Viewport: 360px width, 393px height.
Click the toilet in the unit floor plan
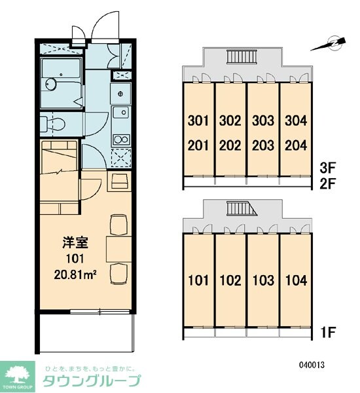point(52,124)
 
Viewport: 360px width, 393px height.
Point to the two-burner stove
point(121,140)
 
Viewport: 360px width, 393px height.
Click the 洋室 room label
point(75,242)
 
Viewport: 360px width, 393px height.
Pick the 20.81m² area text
point(76,275)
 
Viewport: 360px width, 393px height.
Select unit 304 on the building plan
point(296,121)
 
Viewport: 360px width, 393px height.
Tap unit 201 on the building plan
point(198,145)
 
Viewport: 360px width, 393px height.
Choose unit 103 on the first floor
point(263,280)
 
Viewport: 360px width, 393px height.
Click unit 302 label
point(230,121)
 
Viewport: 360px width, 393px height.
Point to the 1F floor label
point(328,332)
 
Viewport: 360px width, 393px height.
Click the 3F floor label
point(327,168)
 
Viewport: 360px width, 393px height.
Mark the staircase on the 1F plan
point(242,208)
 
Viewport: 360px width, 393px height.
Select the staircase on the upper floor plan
point(242,56)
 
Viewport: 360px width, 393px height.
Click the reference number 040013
point(312,365)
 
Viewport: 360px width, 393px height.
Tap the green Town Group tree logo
point(17,377)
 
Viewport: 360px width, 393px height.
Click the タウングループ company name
point(92,381)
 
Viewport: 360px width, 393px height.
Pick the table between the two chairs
point(118,249)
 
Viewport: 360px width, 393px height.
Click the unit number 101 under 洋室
point(75,259)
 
